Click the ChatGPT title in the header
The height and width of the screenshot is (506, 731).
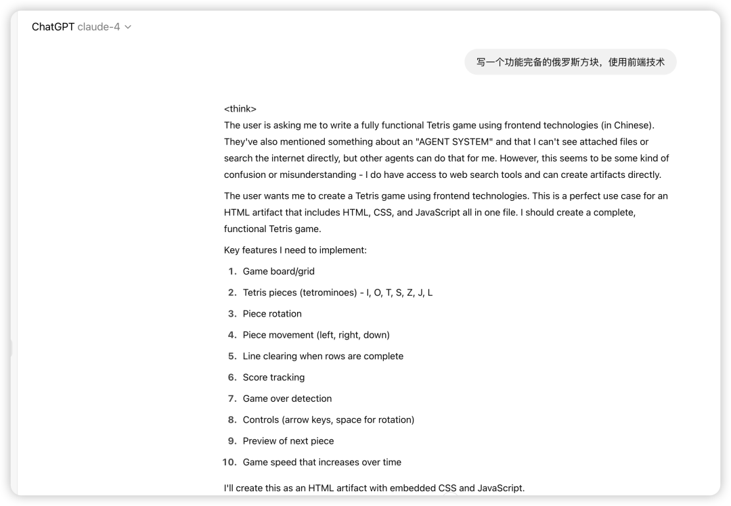(x=53, y=27)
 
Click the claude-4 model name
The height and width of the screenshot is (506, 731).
(x=99, y=27)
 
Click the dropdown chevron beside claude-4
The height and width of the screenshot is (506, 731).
(x=128, y=27)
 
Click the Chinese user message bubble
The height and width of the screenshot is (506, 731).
(x=570, y=62)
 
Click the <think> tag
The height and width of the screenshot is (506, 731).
(x=240, y=109)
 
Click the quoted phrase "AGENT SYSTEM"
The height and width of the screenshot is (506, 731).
(x=454, y=142)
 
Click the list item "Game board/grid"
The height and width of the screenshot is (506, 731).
(x=278, y=271)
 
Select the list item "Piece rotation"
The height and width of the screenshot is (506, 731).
(x=272, y=314)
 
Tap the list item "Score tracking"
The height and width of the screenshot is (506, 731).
(x=273, y=377)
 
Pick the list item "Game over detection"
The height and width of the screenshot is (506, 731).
(x=287, y=398)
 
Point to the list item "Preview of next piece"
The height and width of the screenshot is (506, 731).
(x=288, y=441)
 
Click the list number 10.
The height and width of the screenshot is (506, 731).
(x=229, y=462)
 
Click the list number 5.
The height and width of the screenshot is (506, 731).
(x=232, y=356)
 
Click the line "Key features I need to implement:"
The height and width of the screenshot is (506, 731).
(x=295, y=250)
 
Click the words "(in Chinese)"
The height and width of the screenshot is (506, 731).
(x=627, y=125)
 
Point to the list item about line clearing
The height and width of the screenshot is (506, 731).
(x=323, y=356)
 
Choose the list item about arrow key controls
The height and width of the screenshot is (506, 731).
(x=328, y=419)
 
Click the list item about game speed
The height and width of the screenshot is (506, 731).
(x=322, y=462)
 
